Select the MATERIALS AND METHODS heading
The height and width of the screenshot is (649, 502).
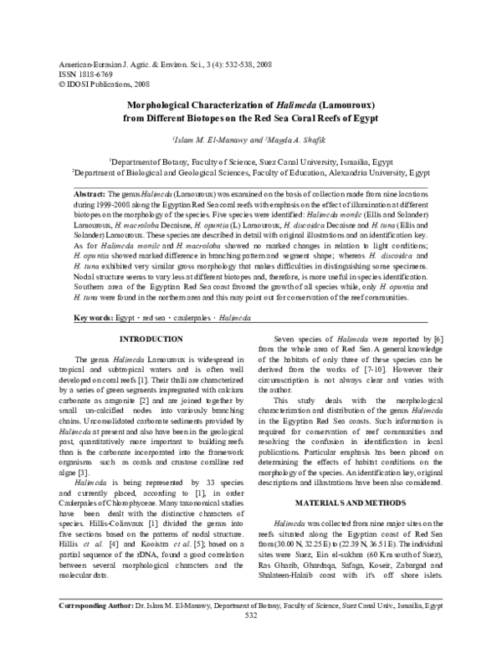coord(358,501)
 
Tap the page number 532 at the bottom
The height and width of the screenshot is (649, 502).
coord(250,639)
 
